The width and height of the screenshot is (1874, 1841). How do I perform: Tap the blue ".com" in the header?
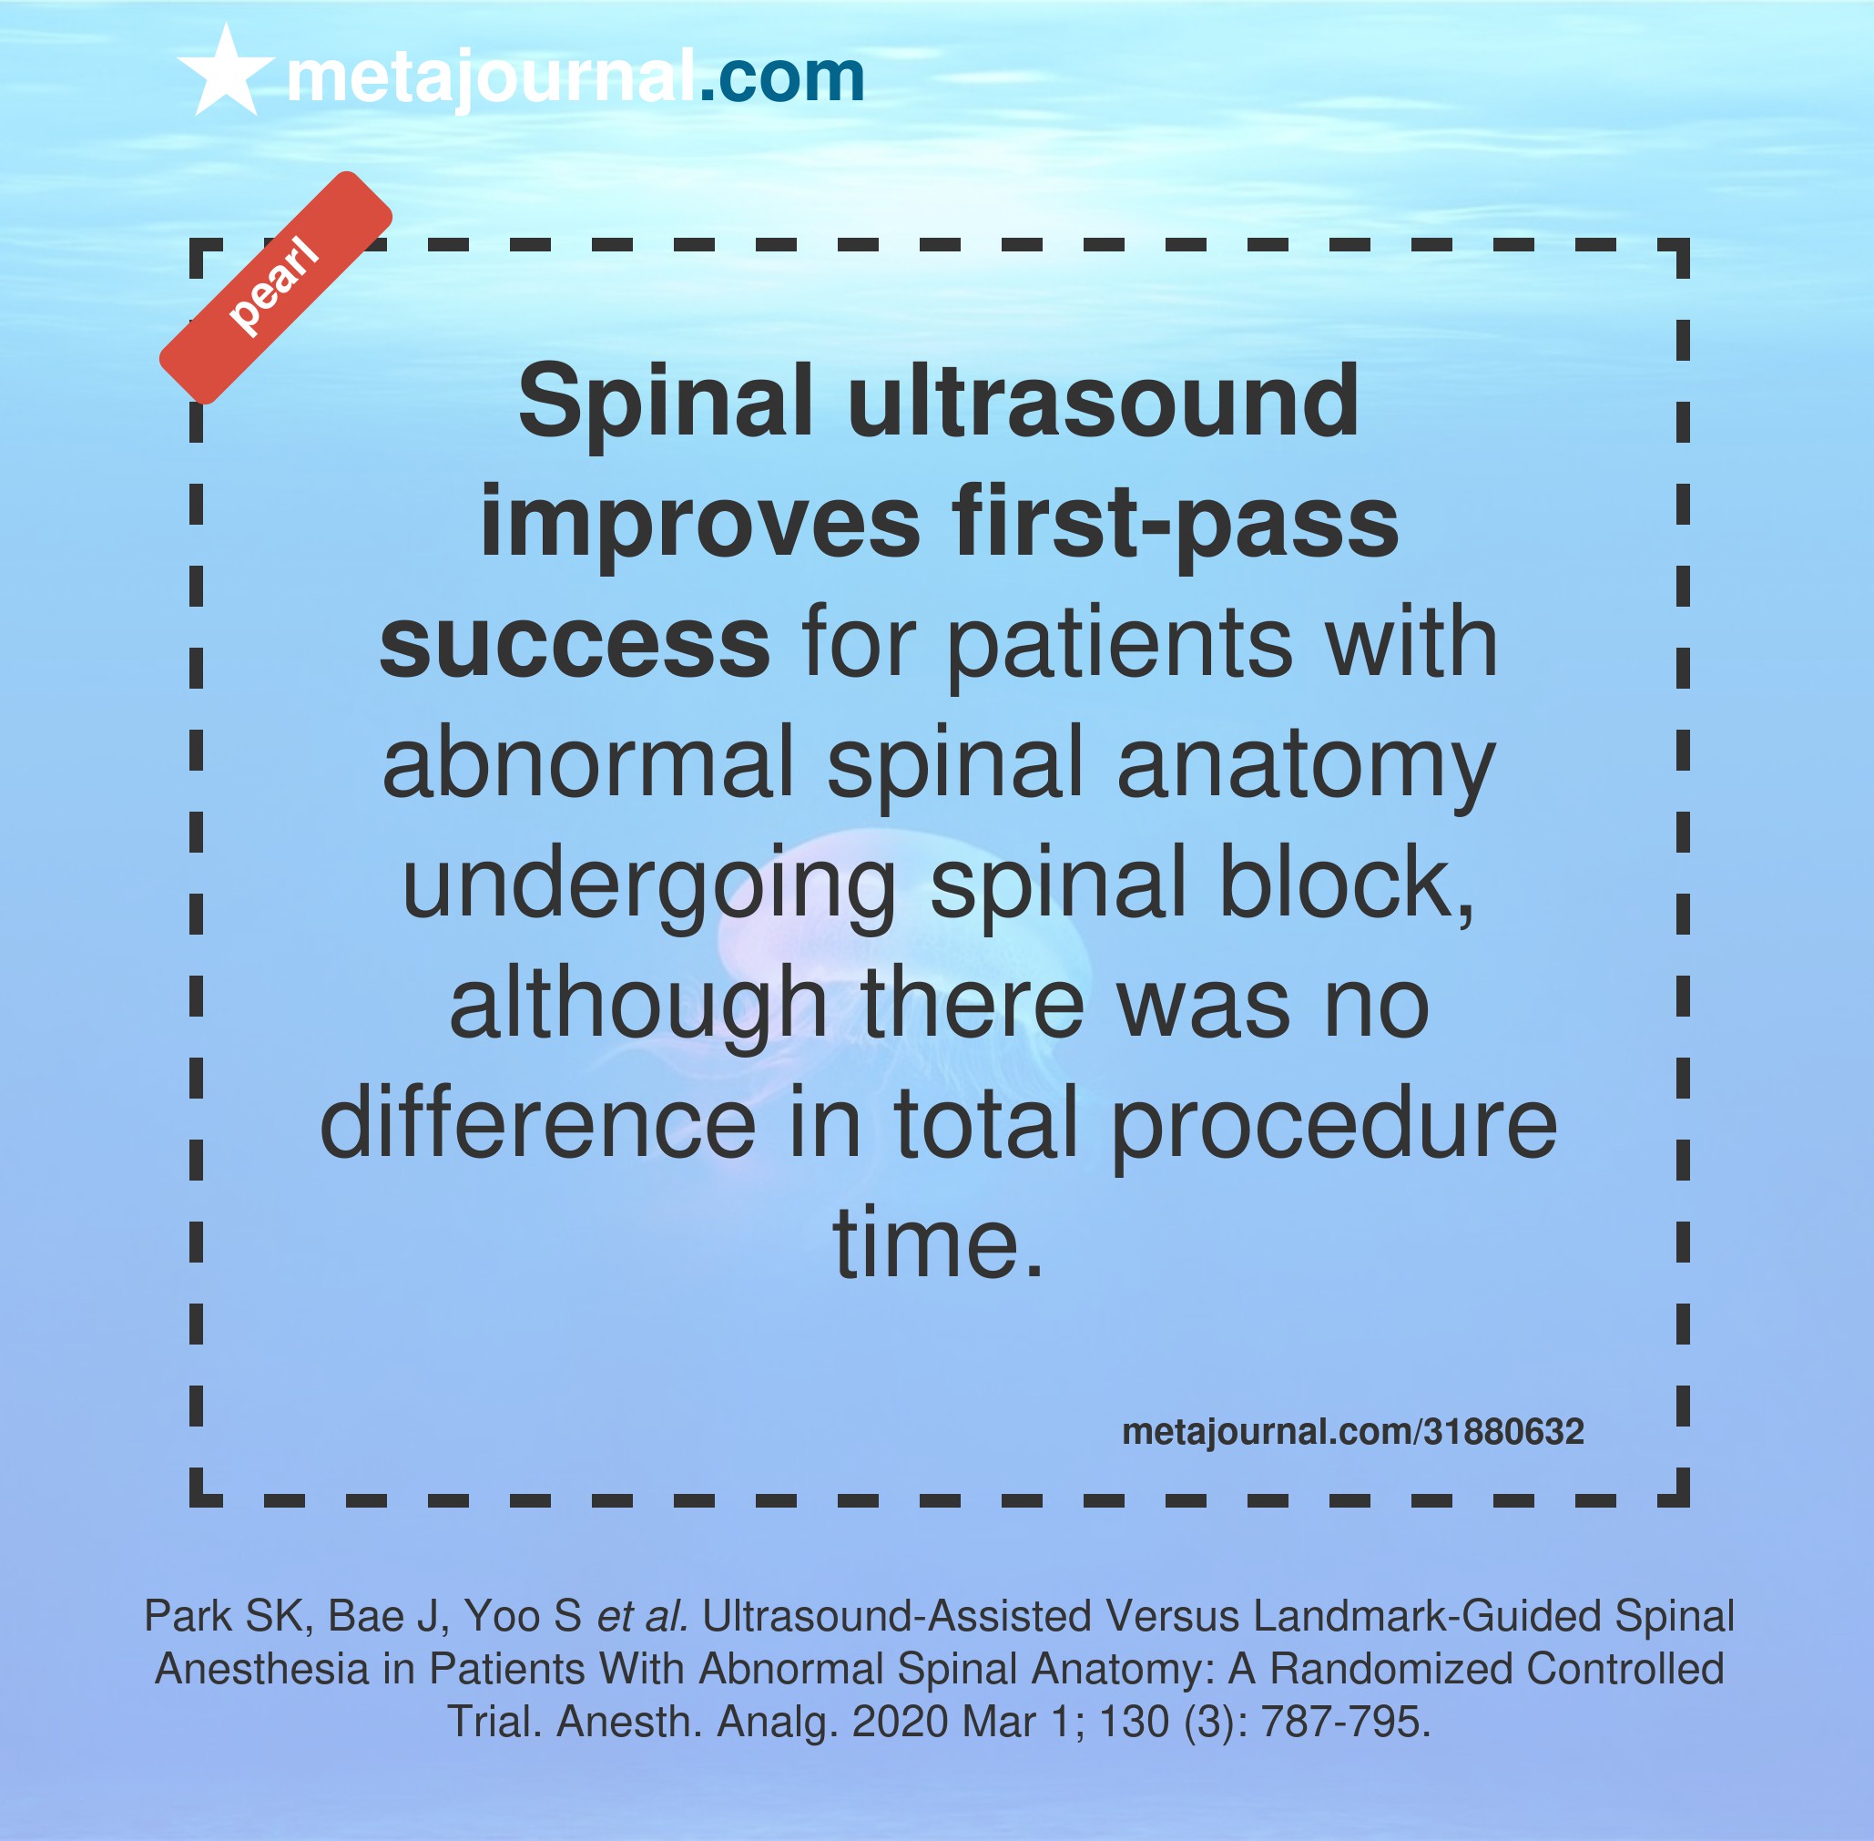coord(781,77)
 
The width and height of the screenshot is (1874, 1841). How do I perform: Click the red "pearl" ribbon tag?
coord(275,287)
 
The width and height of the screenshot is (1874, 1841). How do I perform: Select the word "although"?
coord(639,1004)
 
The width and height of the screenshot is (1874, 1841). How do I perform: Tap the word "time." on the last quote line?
coord(939,1243)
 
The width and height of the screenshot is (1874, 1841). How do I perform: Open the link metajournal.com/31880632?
coord(1353,1432)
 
